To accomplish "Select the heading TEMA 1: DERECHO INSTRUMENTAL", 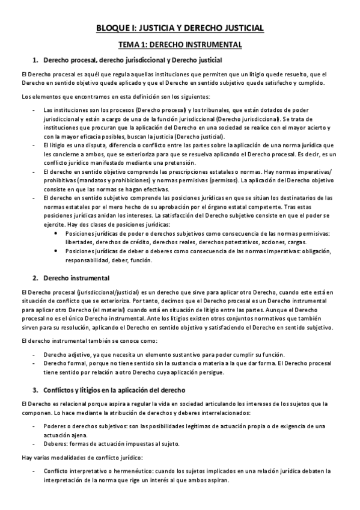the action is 180,44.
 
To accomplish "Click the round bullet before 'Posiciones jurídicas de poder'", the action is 56,233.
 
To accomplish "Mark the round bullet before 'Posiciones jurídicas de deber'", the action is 56,251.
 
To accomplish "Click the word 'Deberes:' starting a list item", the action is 56,444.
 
